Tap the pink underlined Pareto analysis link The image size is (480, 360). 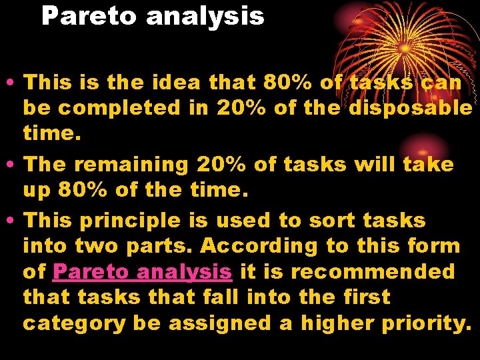(x=143, y=272)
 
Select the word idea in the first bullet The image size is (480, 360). (x=176, y=83)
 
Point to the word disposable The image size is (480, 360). (x=411, y=108)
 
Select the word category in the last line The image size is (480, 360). (x=74, y=323)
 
